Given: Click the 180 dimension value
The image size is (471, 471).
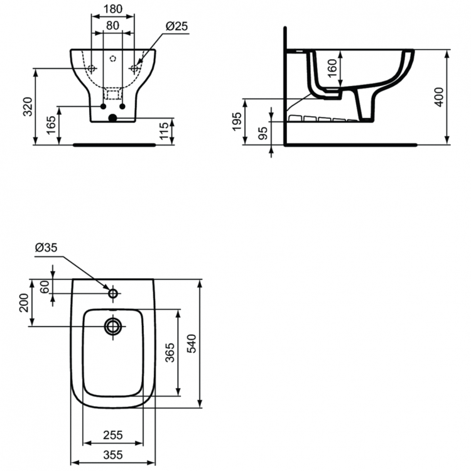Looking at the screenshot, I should point(113,10).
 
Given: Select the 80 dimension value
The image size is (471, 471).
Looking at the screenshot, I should point(113,26).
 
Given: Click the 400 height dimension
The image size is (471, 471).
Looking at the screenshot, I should point(440,96).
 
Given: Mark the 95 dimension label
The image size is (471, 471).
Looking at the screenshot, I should point(263,133).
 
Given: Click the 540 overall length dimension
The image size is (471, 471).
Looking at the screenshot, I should point(192,344).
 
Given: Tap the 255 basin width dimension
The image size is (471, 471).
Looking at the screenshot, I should point(113,435).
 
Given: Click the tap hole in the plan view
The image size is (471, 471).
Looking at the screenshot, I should point(113,293).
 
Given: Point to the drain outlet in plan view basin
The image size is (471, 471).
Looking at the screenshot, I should point(113,326).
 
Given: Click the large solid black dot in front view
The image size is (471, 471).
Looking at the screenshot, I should point(112,117).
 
